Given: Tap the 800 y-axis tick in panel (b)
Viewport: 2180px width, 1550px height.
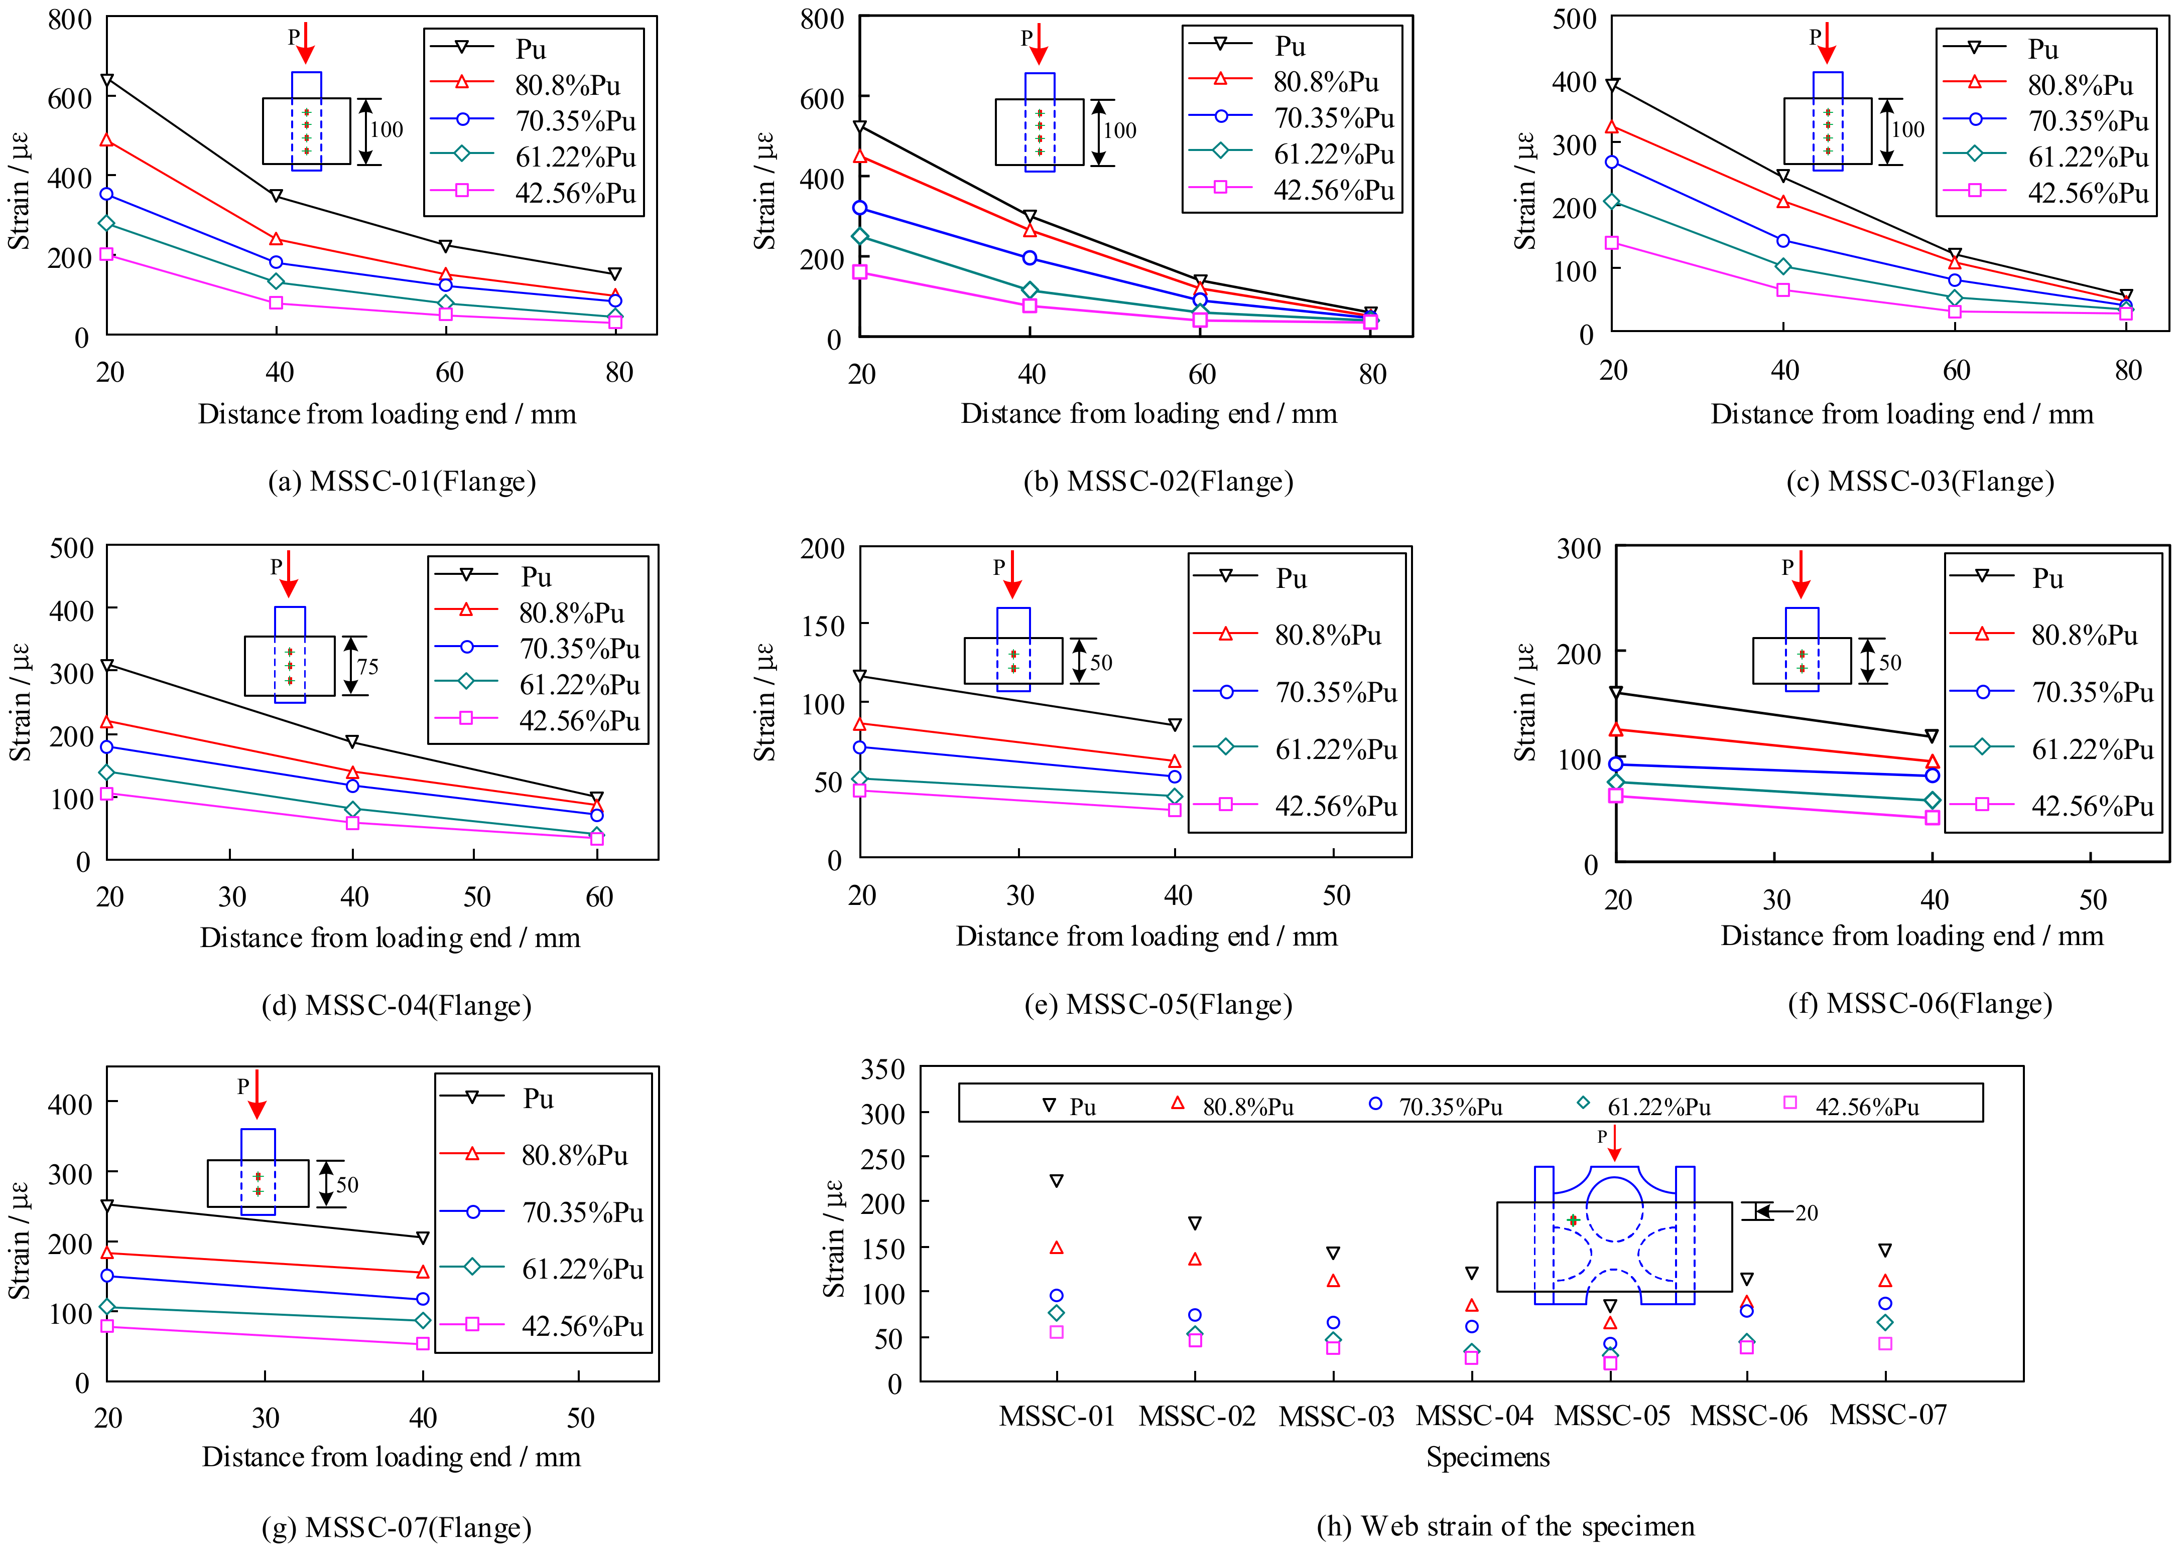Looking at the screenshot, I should (822, 19).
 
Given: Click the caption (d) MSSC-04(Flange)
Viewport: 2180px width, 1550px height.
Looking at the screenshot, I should (396, 1005).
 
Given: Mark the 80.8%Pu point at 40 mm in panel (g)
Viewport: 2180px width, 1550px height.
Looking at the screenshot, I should (423, 1272).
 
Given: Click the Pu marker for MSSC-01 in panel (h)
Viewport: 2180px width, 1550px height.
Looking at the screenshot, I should (1056, 1181).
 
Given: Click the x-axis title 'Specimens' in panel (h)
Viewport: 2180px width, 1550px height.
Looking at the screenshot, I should (1488, 1457).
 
